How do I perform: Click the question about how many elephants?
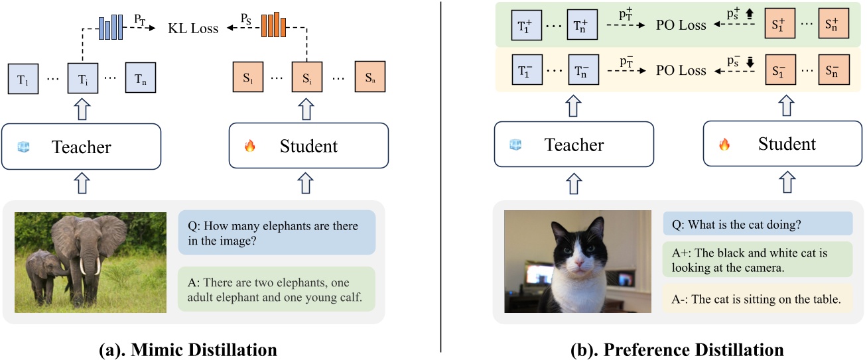(276, 233)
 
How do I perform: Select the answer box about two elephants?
(276, 289)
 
